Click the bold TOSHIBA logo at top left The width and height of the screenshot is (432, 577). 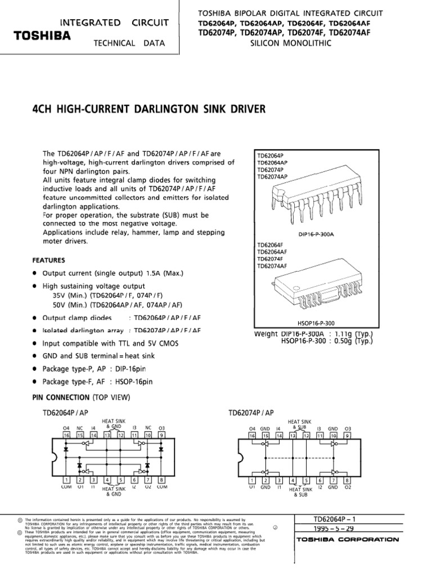[x=42, y=35]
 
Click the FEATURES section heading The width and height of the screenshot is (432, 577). [x=48, y=260]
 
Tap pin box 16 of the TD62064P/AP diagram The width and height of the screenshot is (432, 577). [x=66, y=436]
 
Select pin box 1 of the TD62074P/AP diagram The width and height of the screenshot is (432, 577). [x=253, y=480]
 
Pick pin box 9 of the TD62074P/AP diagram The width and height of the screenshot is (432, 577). [x=348, y=436]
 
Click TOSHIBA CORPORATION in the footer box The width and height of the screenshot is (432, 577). [x=347, y=540]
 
